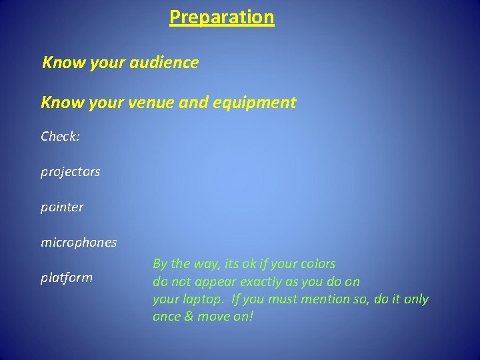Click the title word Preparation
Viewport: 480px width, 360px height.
221,17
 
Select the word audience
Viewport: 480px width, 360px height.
168,63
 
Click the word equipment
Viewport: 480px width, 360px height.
256,103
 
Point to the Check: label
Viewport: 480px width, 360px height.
60,136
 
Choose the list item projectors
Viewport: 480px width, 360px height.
70,172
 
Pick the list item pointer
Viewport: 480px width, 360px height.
62,207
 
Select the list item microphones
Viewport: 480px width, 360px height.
78,242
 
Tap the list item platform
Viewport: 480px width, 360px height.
66,278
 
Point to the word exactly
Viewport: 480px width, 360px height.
267,281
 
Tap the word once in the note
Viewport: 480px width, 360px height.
167,317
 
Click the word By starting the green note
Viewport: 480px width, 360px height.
160,264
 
